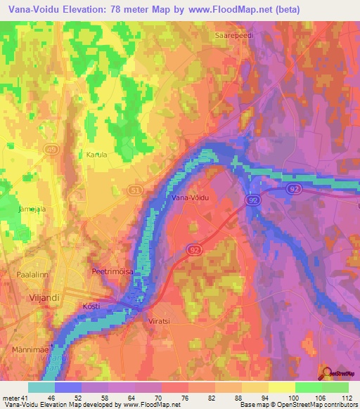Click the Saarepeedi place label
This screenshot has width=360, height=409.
tap(236, 33)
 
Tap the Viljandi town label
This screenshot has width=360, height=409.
tap(27, 297)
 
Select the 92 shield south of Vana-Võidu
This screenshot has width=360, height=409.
tap(195, 249)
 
